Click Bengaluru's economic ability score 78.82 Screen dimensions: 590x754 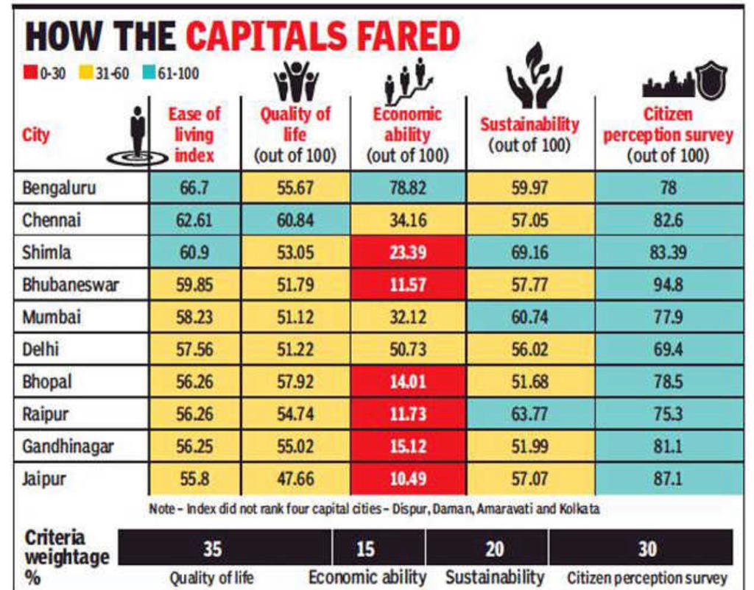point(407,188)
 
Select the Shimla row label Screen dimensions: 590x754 point(46,252)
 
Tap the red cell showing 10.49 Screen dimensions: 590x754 point(407,479)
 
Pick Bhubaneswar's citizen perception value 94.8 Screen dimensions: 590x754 point(668,285)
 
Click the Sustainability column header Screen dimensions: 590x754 point(529,133)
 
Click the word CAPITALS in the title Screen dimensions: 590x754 point(323,37)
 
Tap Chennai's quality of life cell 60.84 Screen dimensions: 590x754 point(295,220)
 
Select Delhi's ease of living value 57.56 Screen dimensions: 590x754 point(194,349)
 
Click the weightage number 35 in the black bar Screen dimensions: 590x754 point(212,548)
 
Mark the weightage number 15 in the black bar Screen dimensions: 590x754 point(365,548)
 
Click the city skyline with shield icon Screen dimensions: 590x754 point(683,82)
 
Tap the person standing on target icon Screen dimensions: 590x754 point(138,137)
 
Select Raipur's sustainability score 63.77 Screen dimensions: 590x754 point(529,414)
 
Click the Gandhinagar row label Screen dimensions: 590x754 point(68,447)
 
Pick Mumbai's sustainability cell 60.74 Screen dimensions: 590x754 point(529,317)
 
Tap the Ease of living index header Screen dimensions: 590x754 point(194,135)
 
